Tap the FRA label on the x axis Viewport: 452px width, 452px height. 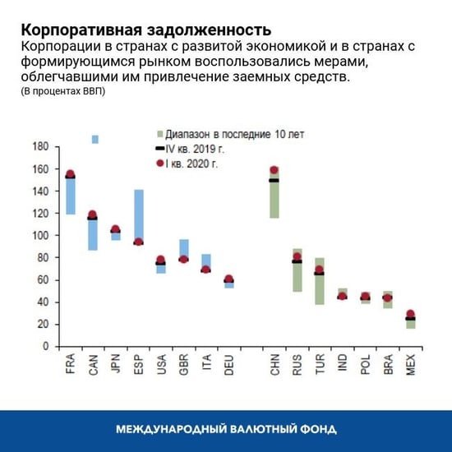[x=71, y=364]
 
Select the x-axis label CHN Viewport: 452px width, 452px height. [x=274, y=364]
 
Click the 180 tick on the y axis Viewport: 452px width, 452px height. [x=40, y=146]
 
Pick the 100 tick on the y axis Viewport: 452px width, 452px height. [x=40, y=235]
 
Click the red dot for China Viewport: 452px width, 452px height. [x=274, y=171]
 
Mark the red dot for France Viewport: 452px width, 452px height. [x=71, y=174]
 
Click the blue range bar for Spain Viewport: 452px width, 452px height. [x=139, y=214]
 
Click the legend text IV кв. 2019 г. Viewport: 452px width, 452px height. [x=198, y=148]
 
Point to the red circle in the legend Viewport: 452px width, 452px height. [x=159, y=164]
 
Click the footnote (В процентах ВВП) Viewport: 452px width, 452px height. [x=62, y=91]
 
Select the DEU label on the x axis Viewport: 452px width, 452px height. [x=229, y=364]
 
